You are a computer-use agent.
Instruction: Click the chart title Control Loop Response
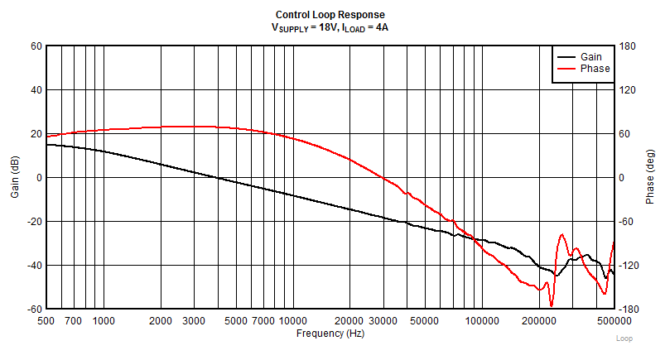(x=330, y=15)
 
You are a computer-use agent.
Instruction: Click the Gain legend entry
(x=591, y=56)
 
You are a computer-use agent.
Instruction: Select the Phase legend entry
(x=595, y=69)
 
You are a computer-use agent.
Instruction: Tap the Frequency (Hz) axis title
(x=330, y=333)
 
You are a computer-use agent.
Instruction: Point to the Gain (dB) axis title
(x=14, y=177)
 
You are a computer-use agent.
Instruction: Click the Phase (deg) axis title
(x=651, y=177)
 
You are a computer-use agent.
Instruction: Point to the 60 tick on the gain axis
(x=36, y=46)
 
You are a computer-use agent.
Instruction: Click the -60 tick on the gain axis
(x=34, y=309)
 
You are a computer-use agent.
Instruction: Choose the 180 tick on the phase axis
(x=627, y=46)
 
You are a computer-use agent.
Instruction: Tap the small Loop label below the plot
(x=624, y=339)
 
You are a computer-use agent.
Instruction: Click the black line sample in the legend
(x=566, y=56)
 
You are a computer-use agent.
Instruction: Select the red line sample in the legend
(x=566, y=69)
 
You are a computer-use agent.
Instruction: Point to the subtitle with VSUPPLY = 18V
(x=330, y=27)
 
